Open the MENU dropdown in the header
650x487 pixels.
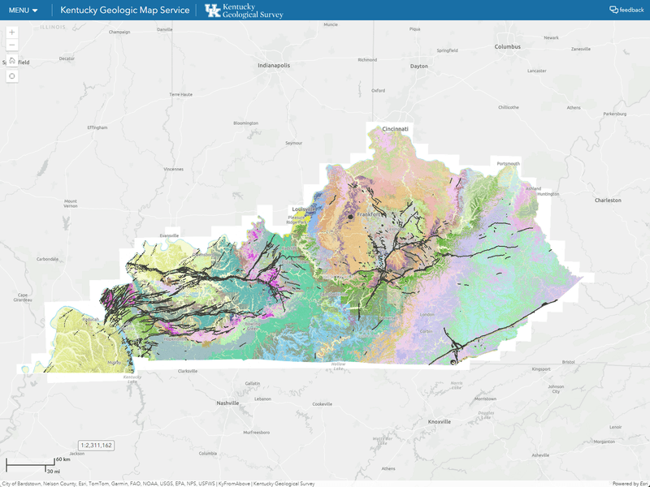click(x=24, y=10)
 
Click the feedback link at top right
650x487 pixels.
click(x=626, y=10)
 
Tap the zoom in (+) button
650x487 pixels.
click(x=12, y=32)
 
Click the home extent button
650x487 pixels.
click(x=12, y=60)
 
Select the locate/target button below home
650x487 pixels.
click(x=12, y=75)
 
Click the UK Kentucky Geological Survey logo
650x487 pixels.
click(x=244, y=10)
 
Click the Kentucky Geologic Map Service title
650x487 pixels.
click(x=125, y=10)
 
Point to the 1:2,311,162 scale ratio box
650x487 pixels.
click(x=97, y=445)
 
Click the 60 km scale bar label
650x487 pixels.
click(x=63, y=459)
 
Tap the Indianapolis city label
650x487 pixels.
click(x=274, y=65)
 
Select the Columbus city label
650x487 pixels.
click(x=507, y=47)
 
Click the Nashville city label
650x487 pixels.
click(x=227, y=403)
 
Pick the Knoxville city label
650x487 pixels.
click(x=440, y=421)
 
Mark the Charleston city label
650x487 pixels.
click(x=607, y=200)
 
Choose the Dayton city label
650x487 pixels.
click(x=418, y=66)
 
